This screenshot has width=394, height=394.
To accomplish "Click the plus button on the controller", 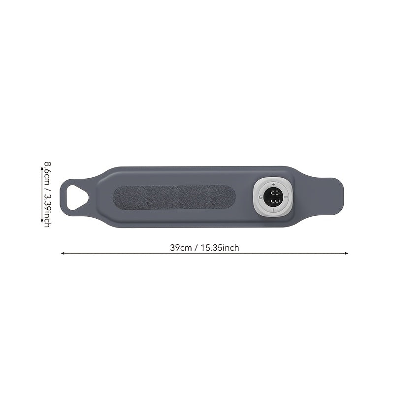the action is click(273, 184).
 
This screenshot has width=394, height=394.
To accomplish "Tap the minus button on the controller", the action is click(273, 209).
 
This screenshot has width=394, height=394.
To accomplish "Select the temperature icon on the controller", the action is click(286, 197).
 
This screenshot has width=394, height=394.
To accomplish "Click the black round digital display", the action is click(273, 197).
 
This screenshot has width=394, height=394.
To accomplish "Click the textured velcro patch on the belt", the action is click(174, 197).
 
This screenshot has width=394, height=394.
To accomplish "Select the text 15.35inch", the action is click(220, 248).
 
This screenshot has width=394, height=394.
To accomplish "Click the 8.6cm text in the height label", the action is click(47, 173).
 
